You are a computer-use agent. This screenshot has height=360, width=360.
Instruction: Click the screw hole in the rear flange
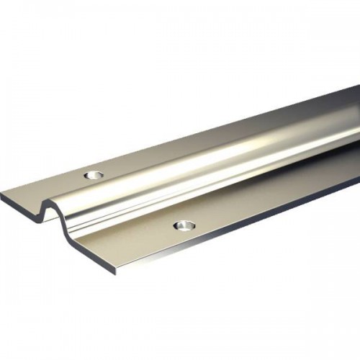click(91, 175)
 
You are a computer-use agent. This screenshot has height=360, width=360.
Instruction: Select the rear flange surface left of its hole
click(50, 184)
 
